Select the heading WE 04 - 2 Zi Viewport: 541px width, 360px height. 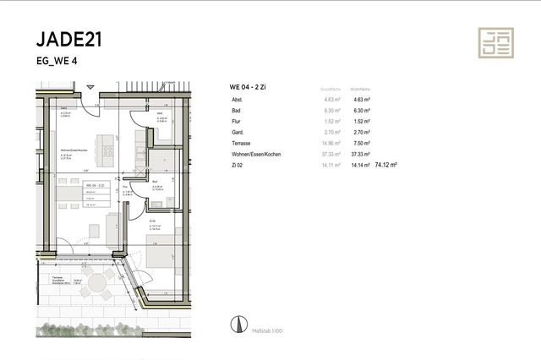[249, 88]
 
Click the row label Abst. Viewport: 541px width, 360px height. [238, 101]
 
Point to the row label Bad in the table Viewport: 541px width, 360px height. [237, 111]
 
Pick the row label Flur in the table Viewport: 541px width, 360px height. [237, 122]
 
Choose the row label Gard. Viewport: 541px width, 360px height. [238, 133]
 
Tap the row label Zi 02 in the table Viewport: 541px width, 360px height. [238, 166]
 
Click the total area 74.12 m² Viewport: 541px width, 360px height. [386, 166]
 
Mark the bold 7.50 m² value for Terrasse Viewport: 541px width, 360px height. [361, 144]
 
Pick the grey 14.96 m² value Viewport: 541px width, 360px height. [331, 144]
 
